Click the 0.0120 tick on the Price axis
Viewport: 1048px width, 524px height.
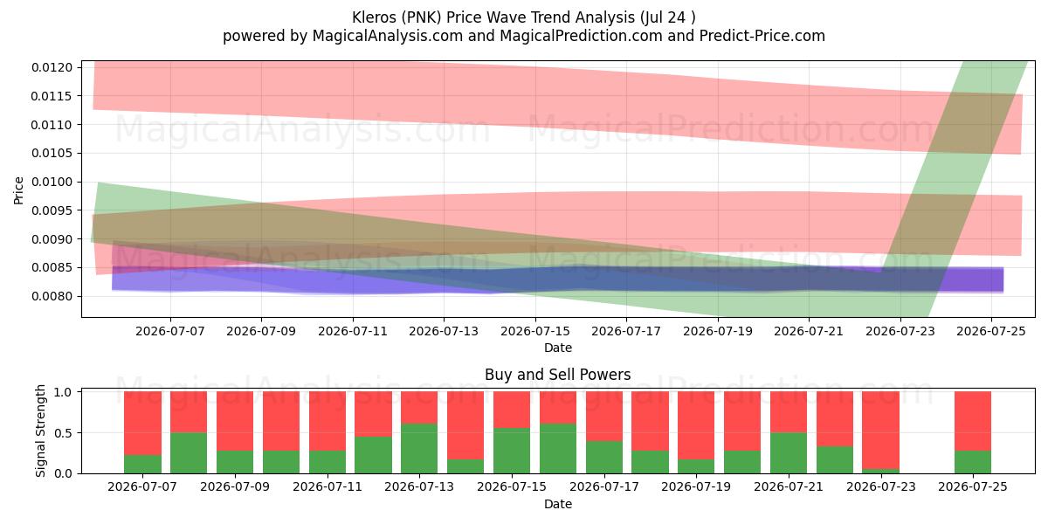click(x=52, y=67)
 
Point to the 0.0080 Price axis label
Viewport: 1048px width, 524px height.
click(x=52, y=296)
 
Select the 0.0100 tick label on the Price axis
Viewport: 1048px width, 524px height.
click(x=52, y=182)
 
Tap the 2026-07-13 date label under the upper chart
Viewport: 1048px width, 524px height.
click(x=444, y=331)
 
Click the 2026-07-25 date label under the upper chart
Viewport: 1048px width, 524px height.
click(x=991, y=331)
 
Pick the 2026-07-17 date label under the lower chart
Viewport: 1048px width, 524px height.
click(x=604, y=486)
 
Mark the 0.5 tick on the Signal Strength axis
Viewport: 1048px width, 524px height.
click(x=63, y=433)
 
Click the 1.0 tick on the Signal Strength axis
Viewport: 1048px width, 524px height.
click(x=63, y=392)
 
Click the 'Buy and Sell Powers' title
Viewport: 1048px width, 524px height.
click(x=558, y=375)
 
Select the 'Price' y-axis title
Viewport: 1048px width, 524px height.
click(x=18, y=191)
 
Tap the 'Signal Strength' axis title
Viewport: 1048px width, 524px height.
click(x=41, y=431)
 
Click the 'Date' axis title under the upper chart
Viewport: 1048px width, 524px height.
click(x=558, y=348)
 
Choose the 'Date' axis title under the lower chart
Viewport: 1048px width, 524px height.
click(x=558, y=504)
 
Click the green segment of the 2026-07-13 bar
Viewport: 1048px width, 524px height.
click(x=419, y=448)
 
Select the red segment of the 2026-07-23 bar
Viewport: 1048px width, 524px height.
click(x=881, y=431)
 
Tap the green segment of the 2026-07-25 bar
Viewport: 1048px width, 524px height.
click(x=973, y=462)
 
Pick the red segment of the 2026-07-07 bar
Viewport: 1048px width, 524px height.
click(x=142, y=424)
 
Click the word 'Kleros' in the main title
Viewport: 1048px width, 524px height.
click(x=374, y=17)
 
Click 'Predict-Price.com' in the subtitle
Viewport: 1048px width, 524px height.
click(x=762, y=36)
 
